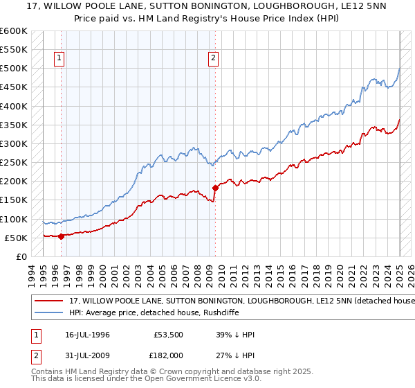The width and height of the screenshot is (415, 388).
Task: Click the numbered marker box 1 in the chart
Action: point(61,59)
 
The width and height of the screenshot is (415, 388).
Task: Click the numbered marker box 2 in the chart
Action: point(213,59)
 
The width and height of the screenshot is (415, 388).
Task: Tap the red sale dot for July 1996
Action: point(61,236)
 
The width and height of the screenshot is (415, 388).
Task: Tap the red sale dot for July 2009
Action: point(215,188)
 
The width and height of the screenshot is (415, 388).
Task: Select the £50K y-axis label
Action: point(16,238)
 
